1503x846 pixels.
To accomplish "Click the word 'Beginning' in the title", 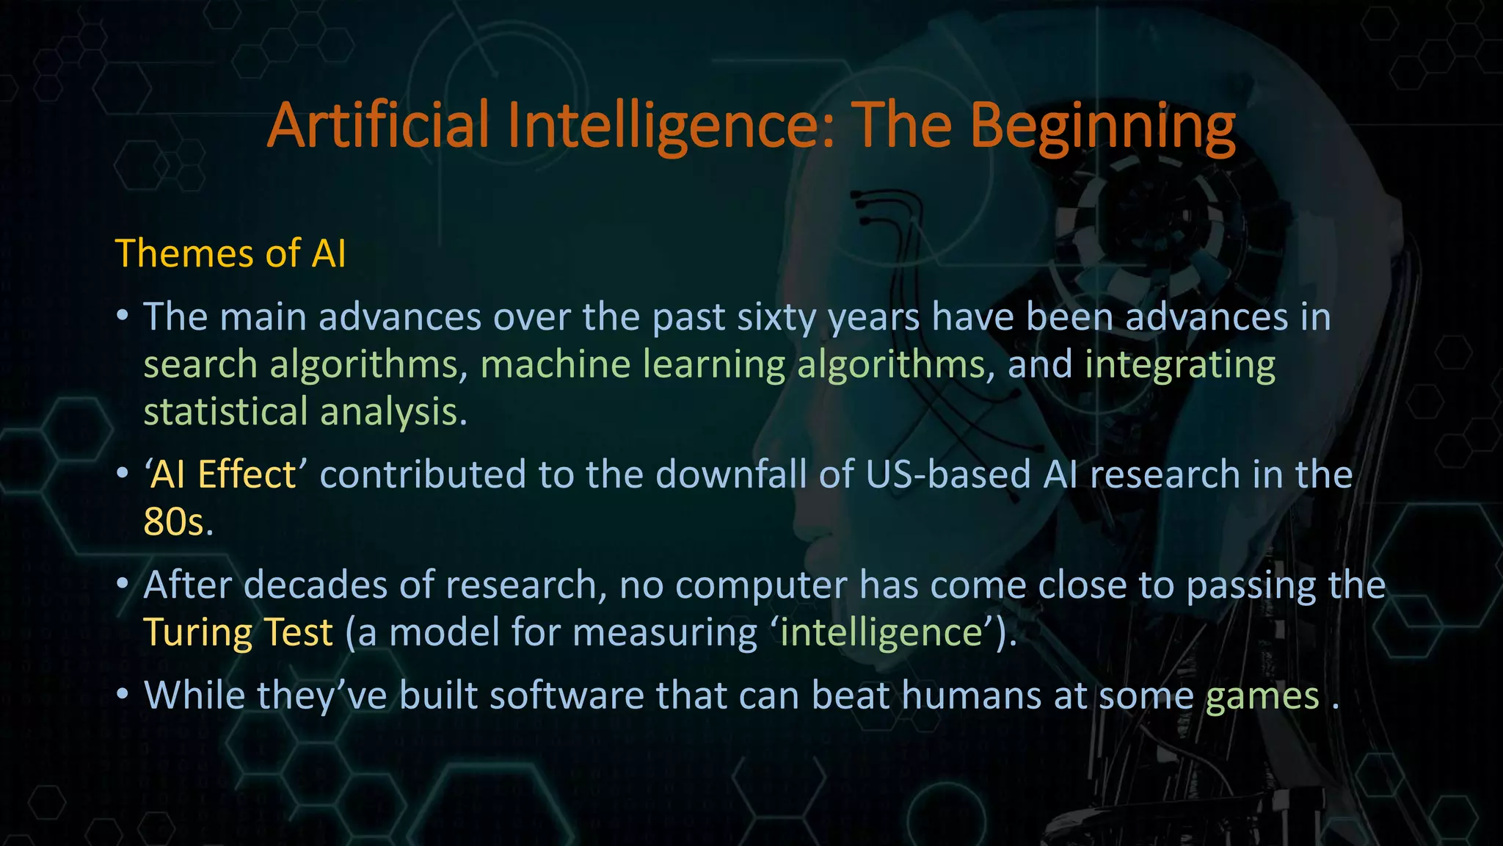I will tap(1102, 126).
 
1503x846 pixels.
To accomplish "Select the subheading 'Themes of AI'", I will tap(230, 254).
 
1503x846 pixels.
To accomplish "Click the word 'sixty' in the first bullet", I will tap(776, 317).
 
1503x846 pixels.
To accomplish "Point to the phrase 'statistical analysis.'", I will tap(305, 411).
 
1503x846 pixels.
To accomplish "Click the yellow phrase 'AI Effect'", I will tap(223, 474).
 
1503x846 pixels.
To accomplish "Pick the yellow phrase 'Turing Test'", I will tap(238, 632).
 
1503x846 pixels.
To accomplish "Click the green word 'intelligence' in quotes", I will tap(881, 632).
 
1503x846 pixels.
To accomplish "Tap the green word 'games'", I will tap(1262, 696).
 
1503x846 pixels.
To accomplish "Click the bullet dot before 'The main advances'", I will tap(123, 317).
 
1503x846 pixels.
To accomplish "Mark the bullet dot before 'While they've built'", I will tap(123, 695).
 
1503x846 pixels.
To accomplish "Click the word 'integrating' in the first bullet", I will tap(1180, 366).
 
